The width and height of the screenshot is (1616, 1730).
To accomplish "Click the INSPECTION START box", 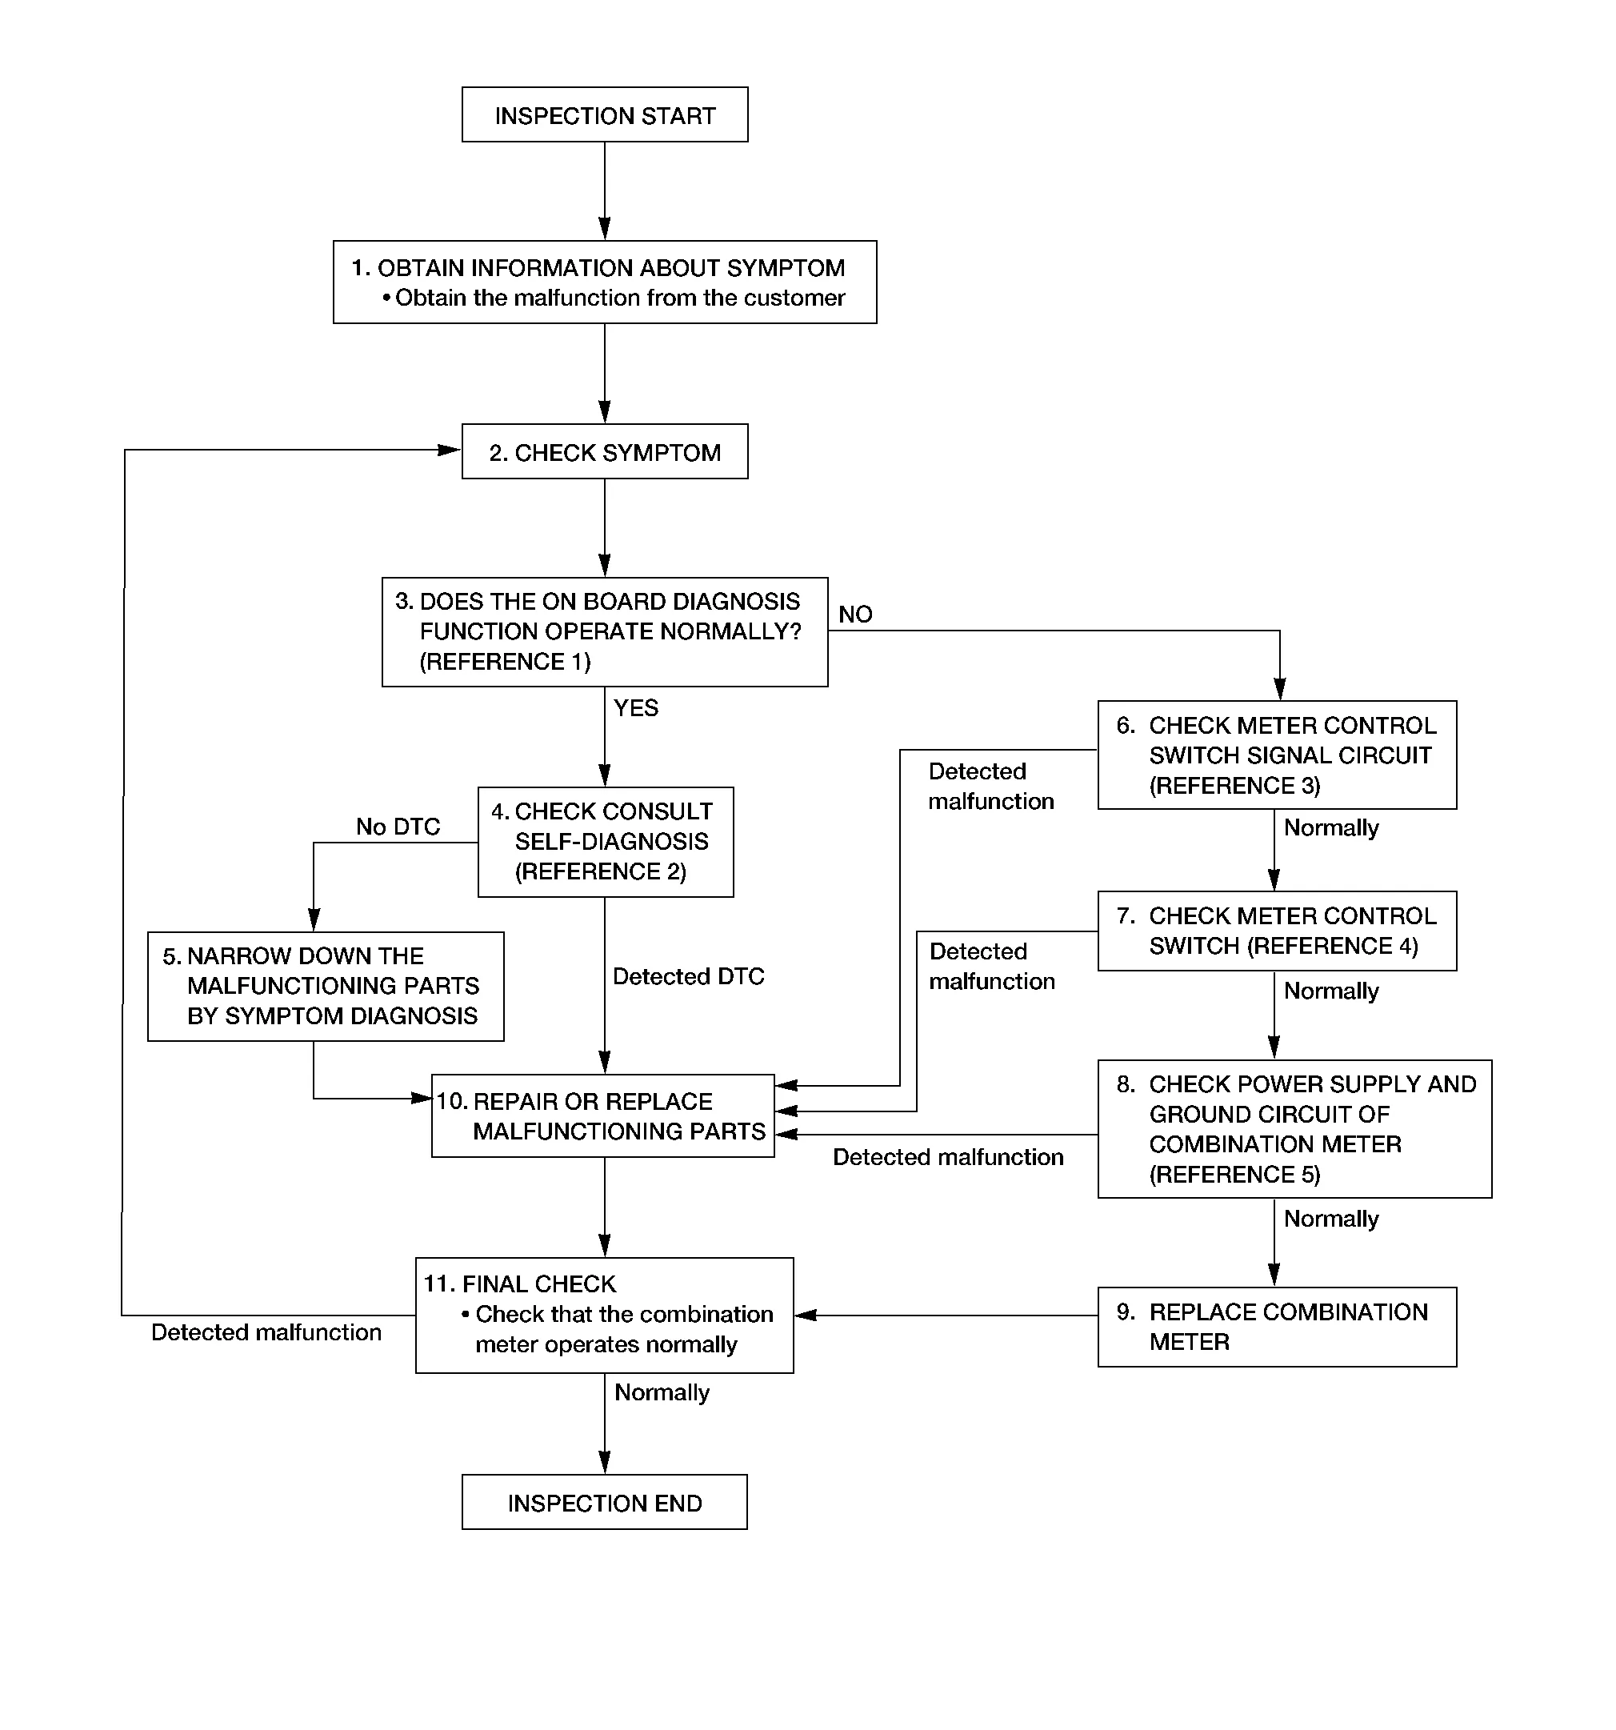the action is (x=605, y=114).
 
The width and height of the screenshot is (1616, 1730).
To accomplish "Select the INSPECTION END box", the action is (x=605, y=1502).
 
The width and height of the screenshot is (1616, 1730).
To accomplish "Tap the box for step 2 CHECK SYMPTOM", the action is (x=605, y=451).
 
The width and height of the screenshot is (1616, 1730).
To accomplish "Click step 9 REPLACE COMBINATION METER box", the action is (x=1277, y=1326).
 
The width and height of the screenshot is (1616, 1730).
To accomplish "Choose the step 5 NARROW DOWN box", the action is (x=326, y=986).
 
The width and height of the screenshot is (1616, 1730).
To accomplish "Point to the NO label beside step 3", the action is (x=855, y=615).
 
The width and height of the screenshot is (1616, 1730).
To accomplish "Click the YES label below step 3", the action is (x=636, y=707).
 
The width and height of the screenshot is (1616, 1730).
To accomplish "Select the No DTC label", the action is (x=398, y=826).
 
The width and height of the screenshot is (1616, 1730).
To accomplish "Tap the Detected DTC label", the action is (x=688, y=976).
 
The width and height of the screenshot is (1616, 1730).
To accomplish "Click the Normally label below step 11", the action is (x=662, y=1392).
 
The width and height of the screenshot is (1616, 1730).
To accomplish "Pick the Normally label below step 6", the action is (x=1331, y=827).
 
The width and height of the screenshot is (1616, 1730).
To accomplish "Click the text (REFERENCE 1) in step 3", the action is (x=505, y=662).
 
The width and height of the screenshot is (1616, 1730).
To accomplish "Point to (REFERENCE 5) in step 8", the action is (x=1235, y=1174).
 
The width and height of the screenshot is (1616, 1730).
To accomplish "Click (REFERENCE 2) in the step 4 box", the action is (x=601, y=871).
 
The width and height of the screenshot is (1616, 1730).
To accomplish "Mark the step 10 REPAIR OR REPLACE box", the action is (x=603, y=1115).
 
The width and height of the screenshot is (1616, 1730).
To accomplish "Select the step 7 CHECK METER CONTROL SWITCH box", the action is (x=1277, y=931).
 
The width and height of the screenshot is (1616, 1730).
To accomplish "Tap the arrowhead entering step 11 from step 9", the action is (x=806, y=1315).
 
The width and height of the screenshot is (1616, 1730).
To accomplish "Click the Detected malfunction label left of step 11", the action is (x=266, y=1332).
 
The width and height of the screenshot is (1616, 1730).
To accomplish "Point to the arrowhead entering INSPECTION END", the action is (x=605, y=1462).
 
